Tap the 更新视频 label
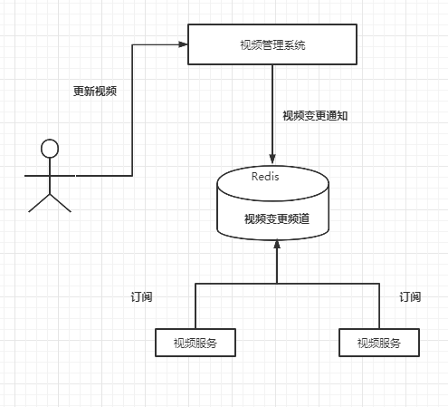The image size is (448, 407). [x=95, y=91]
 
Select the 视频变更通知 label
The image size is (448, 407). [x=315, y=116]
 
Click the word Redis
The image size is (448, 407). [x=265, y=177]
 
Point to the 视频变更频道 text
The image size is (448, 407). [x=277, y=218]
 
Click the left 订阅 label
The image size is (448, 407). [x=141, y=297]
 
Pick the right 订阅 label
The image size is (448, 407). [x=410, y=297]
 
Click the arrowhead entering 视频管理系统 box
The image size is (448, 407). [x=183, y=44]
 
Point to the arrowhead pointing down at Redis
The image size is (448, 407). [x=272, y=159]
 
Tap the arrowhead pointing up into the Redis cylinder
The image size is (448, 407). [x=277, y=245]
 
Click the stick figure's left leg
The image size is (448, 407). [x=39, y=203]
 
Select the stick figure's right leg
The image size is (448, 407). [x=61, y=203]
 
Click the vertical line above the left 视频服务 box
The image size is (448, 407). [x=195, y=305]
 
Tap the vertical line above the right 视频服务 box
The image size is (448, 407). [x=379, y=305]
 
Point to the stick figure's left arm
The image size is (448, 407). [x=37, y=175]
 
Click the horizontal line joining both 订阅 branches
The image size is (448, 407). [x=287, y=284]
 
